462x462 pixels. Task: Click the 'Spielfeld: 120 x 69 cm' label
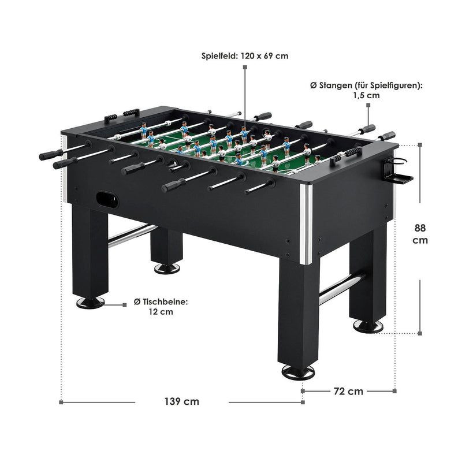245,56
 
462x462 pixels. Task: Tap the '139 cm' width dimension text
182,401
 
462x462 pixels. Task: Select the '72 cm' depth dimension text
349,392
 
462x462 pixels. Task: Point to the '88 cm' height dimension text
420,234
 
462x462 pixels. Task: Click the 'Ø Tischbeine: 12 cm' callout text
161,307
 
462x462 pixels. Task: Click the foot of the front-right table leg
298,372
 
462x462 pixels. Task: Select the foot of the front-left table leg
90,303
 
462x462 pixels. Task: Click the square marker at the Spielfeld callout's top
245,67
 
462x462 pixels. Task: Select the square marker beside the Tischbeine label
125,305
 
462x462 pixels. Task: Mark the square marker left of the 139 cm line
61,402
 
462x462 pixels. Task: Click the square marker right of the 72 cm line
395,391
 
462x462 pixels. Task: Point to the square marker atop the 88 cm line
420,145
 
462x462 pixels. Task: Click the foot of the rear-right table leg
368,326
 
